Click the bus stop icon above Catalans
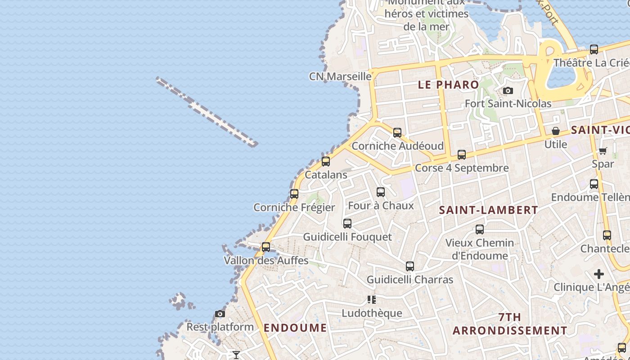pyautogui.click(x=326, y=162)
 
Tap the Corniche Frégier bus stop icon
pyautogui.click(x=294, y=194)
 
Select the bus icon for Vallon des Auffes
pyautogui.click(x=266, y=247)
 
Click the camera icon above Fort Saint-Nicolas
pyautogui.click(x=508, y=91)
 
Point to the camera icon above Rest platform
pyautogui.click(x=220, y=314)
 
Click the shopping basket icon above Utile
pyautogui.click(x=556, y=131)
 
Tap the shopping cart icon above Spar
pyautogui.click(x=603, y=151)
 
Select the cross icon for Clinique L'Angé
pyautogui.click(x=599, y=274)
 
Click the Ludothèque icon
pyautogui.click(x=372, y=300)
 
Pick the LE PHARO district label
pyautogui.click(x=449, y=85)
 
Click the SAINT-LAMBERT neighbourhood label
pyautogui.click(x=488, y=210)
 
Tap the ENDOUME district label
pyautogui.click(x=295, y=328)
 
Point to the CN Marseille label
pyautogui.click(x=340, y=76)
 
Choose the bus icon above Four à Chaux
pyautogui.click(x=381, y=192)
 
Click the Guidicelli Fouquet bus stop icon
pyautogui.click(x=347, y=223)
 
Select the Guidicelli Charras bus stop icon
pyautogui.click(x=410, y=266)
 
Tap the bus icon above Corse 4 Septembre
pyautogui.click(x=462, y=155)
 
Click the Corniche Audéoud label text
pyautogui.click(x=397, y=146)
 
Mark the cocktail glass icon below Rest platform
pyautogui.click(x=236, y=355)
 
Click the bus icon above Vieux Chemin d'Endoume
pyautogui.click(x=480, y=229)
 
